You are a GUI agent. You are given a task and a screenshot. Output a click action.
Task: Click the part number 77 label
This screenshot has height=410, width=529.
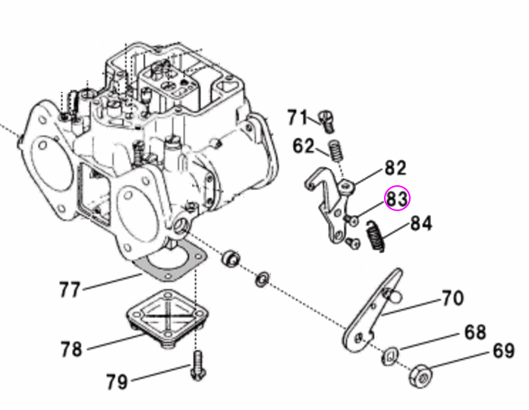[x=70, y=289]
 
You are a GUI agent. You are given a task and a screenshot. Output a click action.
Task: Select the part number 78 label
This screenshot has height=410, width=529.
[x=71, y=349]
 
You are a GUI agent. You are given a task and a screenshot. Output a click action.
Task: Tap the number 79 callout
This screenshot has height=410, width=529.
[x=117, y=380]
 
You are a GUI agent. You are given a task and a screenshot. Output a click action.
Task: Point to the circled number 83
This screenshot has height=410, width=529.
[x=397, y=200]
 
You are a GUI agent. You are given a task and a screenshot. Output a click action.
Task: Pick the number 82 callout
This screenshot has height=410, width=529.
[x=395, y=169]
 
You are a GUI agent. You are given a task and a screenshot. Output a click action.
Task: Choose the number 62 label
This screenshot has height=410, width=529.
[x=303, y=145]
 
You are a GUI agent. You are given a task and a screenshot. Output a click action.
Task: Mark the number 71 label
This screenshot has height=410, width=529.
[x=297, y=118]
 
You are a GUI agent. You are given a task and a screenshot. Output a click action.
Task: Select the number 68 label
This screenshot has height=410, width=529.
[x=475, y=333]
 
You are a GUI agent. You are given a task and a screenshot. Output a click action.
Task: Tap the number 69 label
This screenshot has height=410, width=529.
[x=503, y=352]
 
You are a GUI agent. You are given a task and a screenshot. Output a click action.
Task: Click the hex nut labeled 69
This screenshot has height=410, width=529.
[x=424, y=374]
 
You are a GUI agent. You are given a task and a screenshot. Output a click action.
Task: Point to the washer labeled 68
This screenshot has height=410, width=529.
[x=390, y=354]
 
